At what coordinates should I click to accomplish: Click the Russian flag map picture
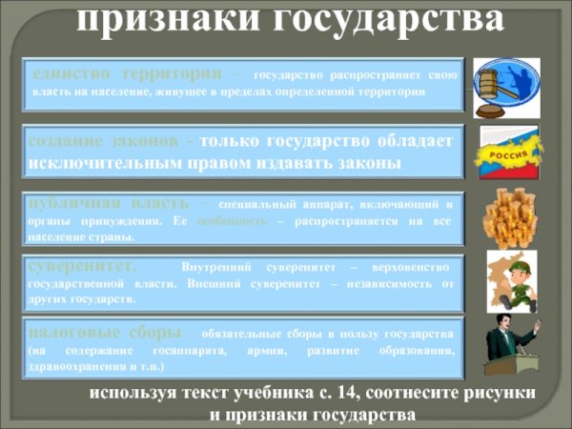(x=508, y=153)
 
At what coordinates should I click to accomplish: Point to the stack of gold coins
(x=509, y=218)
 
